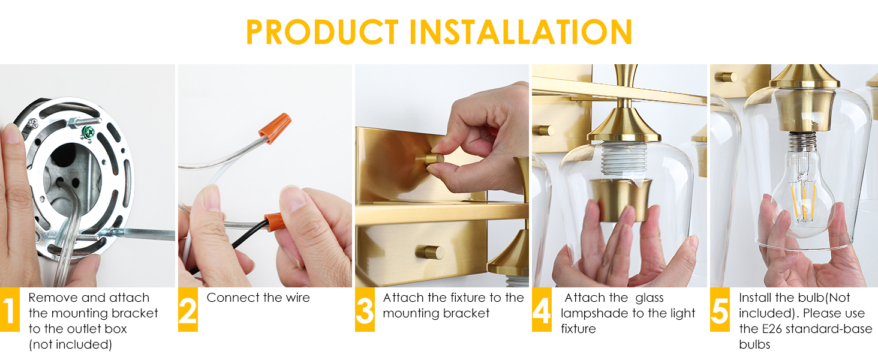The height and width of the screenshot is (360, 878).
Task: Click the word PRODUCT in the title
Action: (322, 32)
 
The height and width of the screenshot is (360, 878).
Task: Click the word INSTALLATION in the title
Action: (521, 32)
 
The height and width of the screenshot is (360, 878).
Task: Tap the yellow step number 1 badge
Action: (10, 310)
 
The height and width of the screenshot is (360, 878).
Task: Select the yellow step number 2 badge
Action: (188, 310)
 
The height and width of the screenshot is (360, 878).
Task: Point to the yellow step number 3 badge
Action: (365, 310)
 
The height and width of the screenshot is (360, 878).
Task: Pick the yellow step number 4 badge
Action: (542, 310)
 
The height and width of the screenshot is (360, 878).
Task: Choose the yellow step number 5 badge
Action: (720, 310)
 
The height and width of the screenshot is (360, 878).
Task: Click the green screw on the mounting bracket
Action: (88, 133)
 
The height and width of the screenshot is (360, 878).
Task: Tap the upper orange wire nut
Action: (275, 127)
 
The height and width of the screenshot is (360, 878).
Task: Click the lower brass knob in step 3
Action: (429, 252)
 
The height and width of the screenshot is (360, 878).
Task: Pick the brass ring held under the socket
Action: (621, 200)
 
